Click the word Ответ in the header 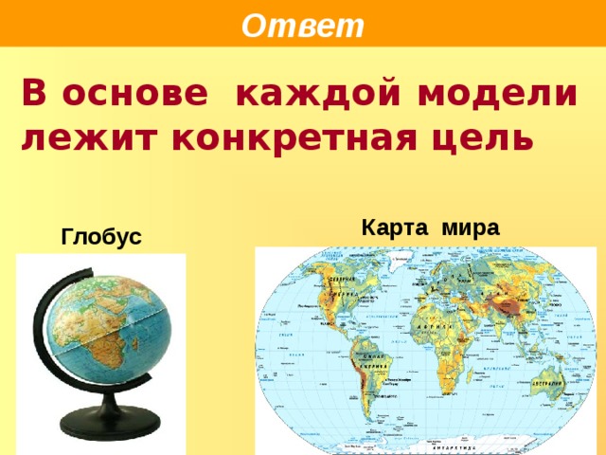302,26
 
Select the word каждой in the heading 328,95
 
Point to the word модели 508,95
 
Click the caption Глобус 100,236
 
